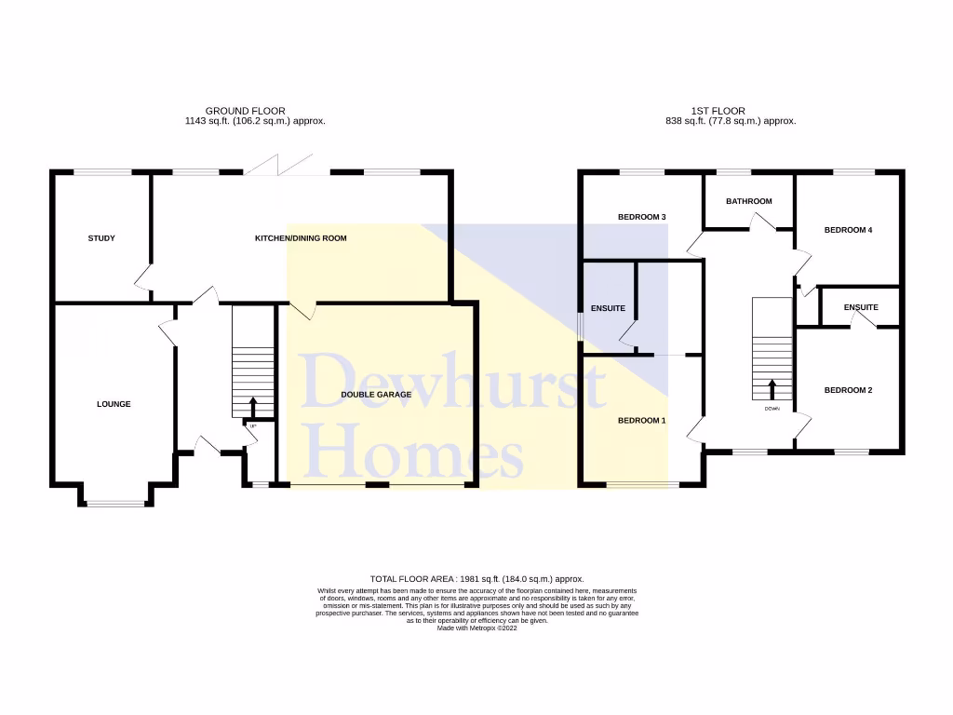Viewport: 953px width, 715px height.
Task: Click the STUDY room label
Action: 101,238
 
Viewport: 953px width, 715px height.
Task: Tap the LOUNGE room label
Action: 114,404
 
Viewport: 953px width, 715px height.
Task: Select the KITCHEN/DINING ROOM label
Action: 301,238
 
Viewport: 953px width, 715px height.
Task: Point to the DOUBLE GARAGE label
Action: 376,395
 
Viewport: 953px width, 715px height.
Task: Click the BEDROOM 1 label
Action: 642,421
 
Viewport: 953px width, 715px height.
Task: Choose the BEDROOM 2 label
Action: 848,390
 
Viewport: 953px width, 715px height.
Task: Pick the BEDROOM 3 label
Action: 642,217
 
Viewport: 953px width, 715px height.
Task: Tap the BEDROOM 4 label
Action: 848,229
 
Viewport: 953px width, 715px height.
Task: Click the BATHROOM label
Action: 749,201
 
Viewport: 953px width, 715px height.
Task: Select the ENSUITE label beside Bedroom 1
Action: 608,308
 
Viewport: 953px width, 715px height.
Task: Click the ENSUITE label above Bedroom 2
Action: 861,307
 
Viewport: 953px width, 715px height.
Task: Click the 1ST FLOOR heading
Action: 719,111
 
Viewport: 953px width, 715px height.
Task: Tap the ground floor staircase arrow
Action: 253,405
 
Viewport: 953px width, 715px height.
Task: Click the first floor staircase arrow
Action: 772,387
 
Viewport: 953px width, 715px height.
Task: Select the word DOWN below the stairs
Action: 772,409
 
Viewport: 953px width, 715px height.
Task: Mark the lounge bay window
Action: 117,504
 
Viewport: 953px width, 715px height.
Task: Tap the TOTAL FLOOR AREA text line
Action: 476,579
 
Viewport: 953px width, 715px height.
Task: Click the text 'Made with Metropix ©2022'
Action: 476,628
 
